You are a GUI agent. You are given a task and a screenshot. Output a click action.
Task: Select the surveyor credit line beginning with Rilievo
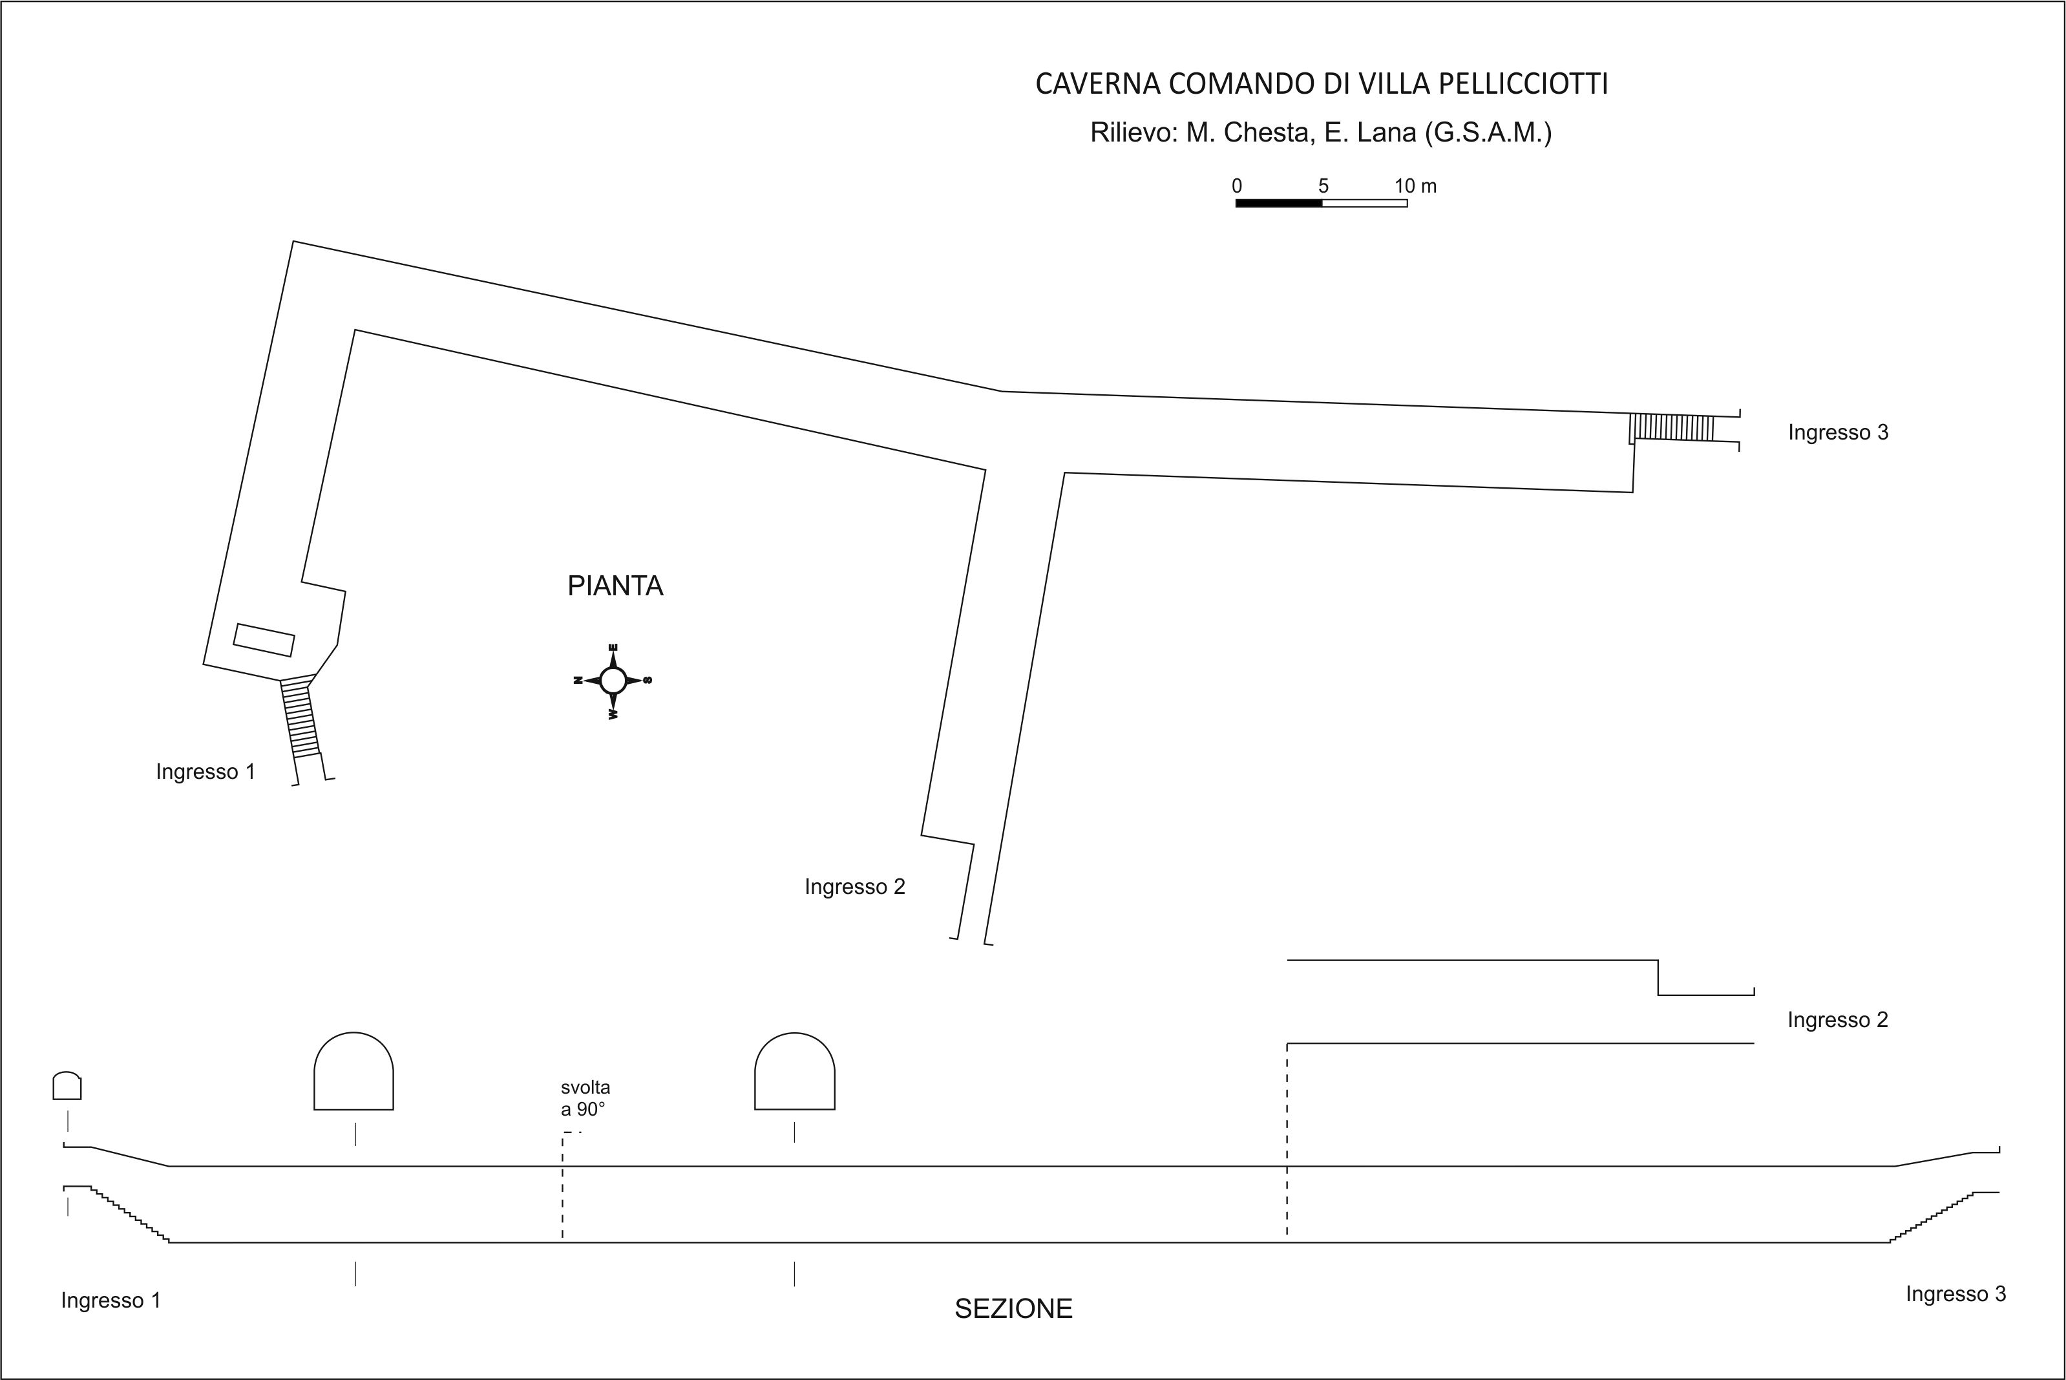pos(1321,133)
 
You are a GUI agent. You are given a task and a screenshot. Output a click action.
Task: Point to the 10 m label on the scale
pos(1415,186)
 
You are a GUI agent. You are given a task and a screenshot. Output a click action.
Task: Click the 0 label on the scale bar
pos(1237,186)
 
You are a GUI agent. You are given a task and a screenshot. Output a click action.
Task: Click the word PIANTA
pos(615,586)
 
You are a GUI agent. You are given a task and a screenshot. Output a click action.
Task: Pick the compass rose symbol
pos(613,681)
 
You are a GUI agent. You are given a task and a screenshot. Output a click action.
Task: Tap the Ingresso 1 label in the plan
pos(205,772)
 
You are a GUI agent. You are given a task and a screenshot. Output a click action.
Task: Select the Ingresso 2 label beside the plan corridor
pos(854,886)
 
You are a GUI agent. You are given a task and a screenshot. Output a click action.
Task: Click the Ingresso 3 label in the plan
pos(1838,432)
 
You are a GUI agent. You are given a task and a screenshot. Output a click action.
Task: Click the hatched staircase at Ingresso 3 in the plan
pos(1672,428)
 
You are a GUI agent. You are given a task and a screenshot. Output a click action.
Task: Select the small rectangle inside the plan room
pos(264,640)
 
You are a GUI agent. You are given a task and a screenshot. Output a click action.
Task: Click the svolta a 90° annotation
pos(585,1098)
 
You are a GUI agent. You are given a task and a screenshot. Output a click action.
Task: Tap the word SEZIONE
pos(1014,1309)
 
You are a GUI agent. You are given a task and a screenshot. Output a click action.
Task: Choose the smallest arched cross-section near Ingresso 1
pos(67,1085)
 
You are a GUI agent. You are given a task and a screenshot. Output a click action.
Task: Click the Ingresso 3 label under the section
pos(1956,1294)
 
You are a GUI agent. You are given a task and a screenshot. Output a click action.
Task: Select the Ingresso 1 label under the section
pos(111,1300)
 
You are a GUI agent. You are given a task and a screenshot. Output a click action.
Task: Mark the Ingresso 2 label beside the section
pos(1837,1020)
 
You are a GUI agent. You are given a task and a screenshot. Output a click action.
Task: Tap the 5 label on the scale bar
pos(1323,186)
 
